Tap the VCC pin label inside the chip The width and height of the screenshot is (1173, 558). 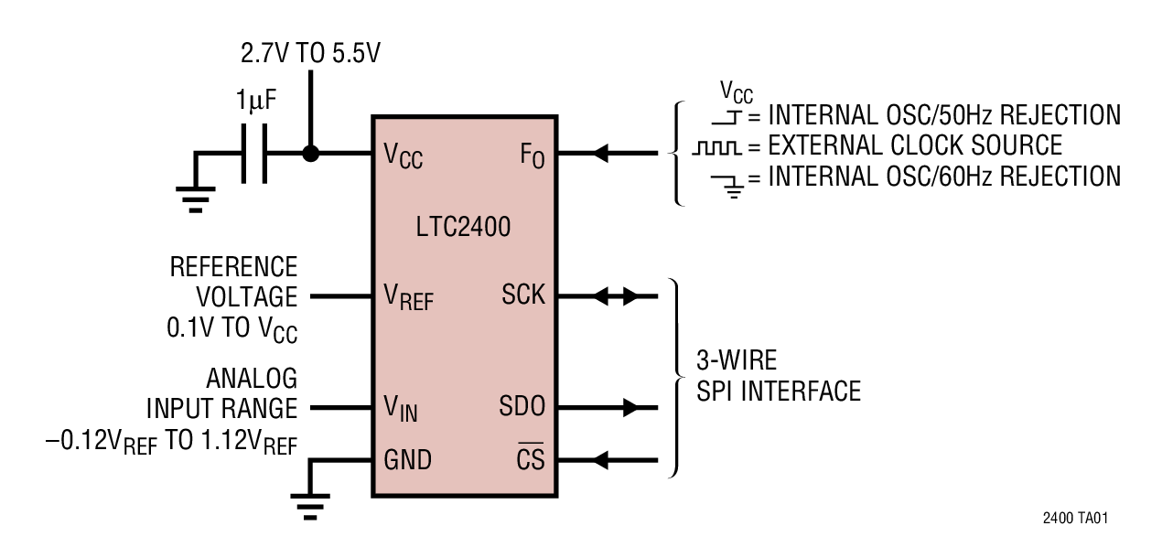(x=403, y=156)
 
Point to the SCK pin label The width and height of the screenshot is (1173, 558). (x=522, y=295)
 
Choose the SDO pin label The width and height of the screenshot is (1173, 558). (x=522, y=406)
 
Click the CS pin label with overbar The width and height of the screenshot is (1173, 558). (x=530, y=458)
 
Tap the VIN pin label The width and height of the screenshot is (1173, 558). (x=401, y=408)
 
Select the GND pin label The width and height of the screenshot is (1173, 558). (x=407, y=459)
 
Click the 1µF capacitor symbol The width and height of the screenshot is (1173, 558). (x=253, y=153)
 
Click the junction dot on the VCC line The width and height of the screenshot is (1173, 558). (x=311, y=153)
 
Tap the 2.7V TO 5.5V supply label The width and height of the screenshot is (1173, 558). (x=311, y=53)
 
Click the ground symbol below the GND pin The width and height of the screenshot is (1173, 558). (x=310, y=506)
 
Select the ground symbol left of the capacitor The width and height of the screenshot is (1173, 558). (x=196, y=198)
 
